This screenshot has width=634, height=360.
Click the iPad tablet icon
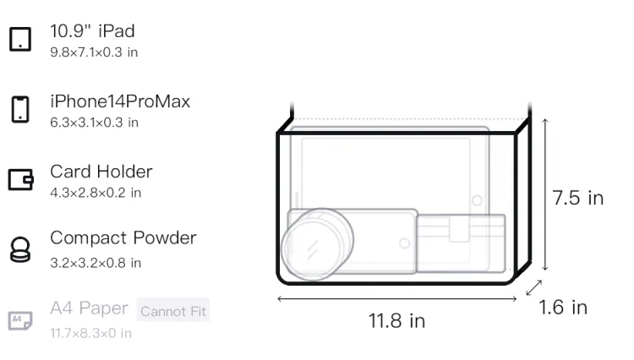pos(20,39)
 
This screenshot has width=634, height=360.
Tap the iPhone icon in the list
pos(20,109)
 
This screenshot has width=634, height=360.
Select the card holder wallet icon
pos(20,179)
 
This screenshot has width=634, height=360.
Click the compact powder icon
pos(20,249)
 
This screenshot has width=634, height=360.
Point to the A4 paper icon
pos(20,320)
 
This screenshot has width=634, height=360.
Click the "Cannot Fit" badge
pos(173,311)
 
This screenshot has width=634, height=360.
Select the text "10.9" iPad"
pos(92,31)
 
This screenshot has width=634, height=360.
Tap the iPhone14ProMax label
pos(120,101)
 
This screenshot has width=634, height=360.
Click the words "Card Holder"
pos(101,172)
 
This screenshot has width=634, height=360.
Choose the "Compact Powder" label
pos(123,238)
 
